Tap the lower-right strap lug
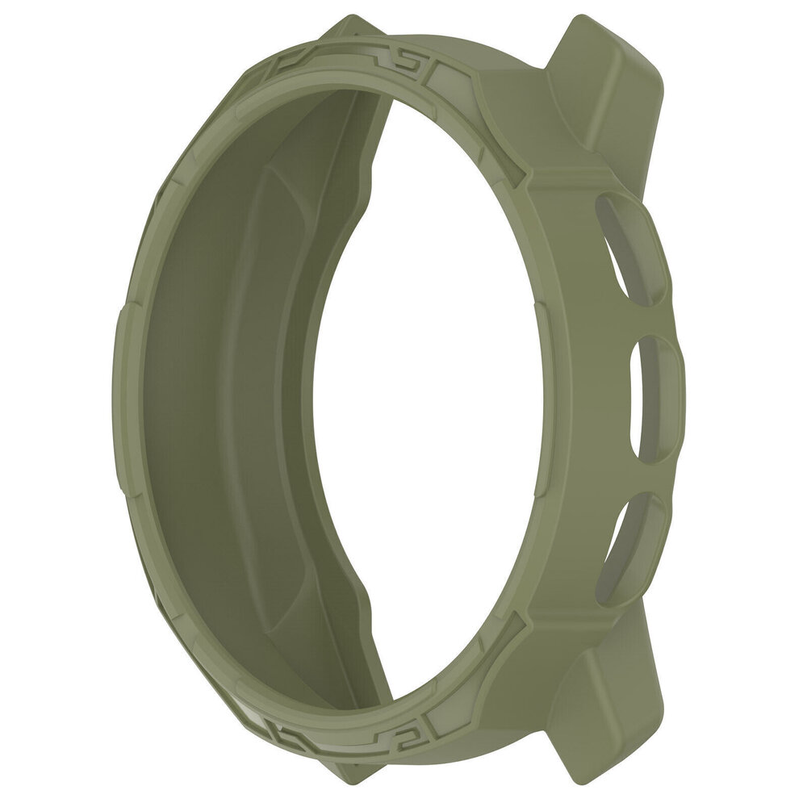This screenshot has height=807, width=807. (x=613, y=710)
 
